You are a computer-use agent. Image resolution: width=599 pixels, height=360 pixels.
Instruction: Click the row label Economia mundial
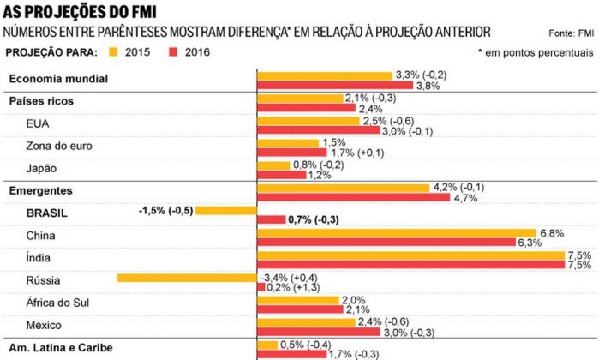(x=58, y=80)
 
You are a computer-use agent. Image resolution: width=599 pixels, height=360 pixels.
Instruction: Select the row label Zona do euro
(x=57, y=145)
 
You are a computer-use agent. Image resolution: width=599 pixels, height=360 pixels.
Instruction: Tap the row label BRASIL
(x=48, y=213)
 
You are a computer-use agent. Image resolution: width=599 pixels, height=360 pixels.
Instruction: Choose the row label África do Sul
(x=57, y=302)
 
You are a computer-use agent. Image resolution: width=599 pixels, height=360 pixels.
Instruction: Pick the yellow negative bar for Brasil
(x=226, y=210)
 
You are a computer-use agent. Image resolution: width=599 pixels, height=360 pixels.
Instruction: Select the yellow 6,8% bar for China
(x=397, y=232)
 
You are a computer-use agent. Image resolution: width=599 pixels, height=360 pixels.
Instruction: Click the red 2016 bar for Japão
(x=282, y=175)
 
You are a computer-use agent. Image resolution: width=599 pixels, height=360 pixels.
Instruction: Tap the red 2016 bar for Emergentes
(x=354, y=198)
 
